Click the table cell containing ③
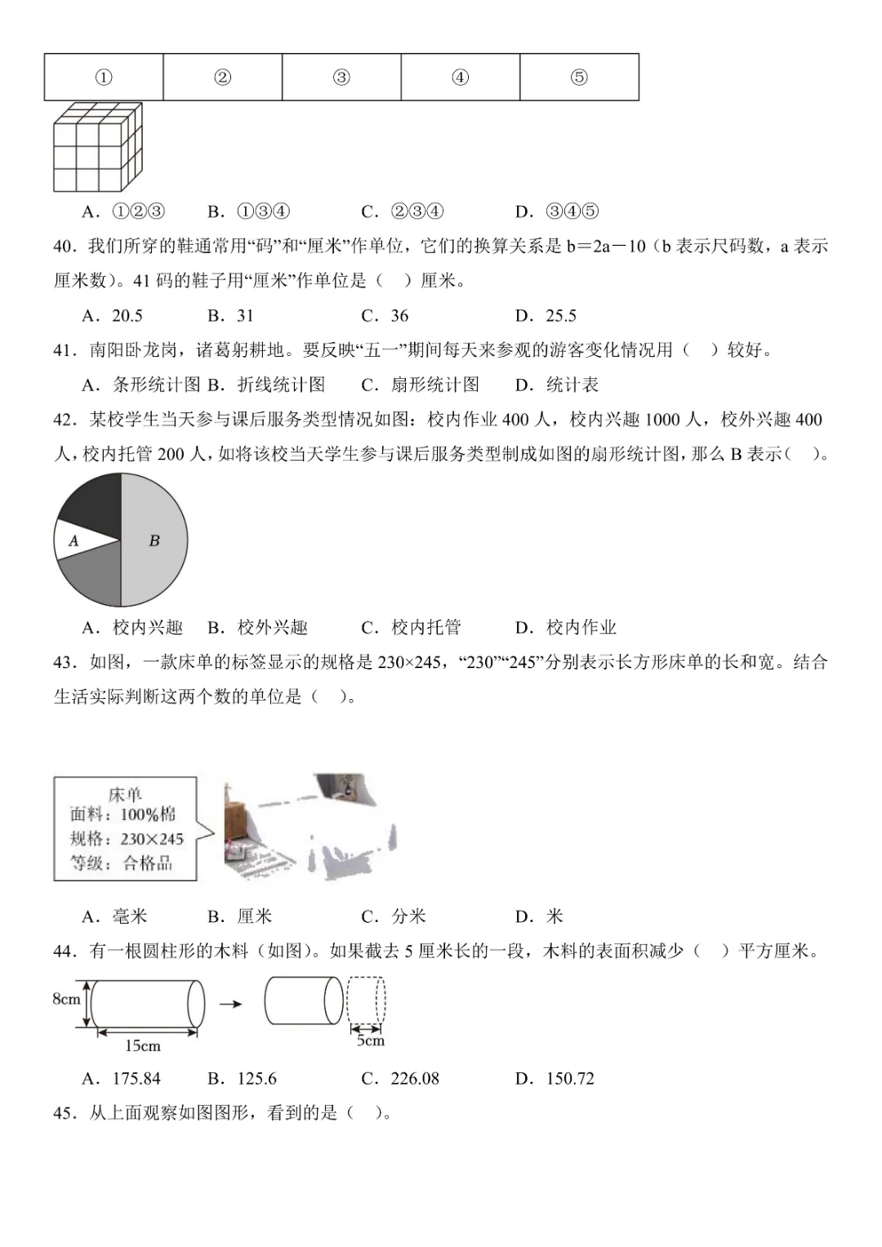click(x=341, y=78)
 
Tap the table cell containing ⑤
click(x=579, y=78)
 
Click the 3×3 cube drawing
click(x=97, y=147)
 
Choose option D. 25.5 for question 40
click(x=546, y=316)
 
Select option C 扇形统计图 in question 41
click(x=421, y=385)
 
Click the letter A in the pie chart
click(x=73, y=541)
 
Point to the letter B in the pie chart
click(x=154, y=541)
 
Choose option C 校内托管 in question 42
click(x=412, y=627)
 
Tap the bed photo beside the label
click(x=311, y=826)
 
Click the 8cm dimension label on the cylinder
click(x=67, y=999)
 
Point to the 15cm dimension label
click(x=143, y=1046)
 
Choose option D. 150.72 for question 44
click(x=555, y=1079)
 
